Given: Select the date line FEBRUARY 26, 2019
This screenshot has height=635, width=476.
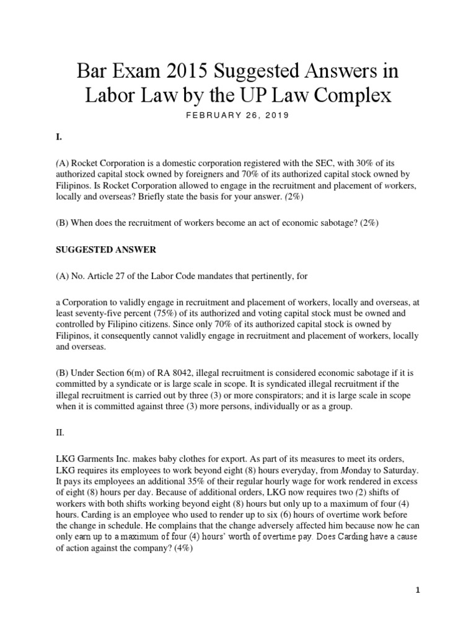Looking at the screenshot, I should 238,115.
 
